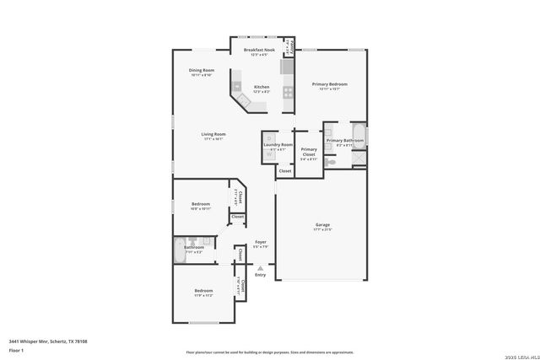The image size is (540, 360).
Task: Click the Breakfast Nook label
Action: point(259,51)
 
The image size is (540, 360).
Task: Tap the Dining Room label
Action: point(202,70)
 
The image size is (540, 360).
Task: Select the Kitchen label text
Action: point(262,86)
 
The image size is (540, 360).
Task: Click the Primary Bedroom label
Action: point(328,84)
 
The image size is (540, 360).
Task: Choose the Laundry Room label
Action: point(278,145)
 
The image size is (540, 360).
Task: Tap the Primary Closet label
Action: point(309,152)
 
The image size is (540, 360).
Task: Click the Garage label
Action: point(322,224)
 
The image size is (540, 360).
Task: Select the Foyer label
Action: point(261,242)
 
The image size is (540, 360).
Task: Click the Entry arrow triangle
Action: point(260,268)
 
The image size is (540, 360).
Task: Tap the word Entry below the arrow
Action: point(260,275)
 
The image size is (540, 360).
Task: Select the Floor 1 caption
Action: point(16,350)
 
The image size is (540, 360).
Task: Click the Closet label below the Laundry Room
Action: point(285,171)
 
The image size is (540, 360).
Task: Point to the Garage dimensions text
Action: point(322,229)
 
